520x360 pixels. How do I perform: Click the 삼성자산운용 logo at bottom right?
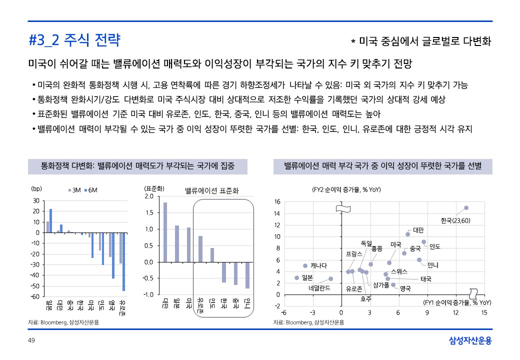click(470, 341)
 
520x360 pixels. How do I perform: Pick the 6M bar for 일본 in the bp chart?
click(50, 221)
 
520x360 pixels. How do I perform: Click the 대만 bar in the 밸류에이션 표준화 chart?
click(165, 232)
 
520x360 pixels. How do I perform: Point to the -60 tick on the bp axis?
click(35, 296)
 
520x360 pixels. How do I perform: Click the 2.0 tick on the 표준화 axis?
click(149, 196)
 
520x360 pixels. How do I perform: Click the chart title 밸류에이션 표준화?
click(212, 190)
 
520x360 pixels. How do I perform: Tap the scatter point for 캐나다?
click(305, 265)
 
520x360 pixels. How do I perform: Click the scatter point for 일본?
click(297, 277)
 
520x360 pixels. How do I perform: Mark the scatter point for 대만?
click(407, 234)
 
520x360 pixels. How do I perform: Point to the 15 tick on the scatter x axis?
click(484, 312)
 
